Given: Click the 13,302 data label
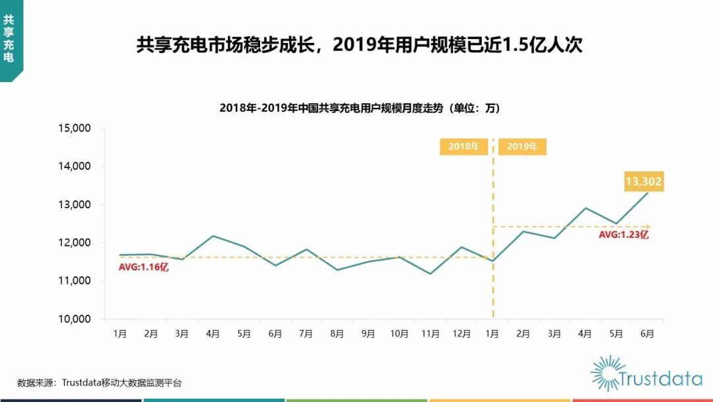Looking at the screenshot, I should [644, 181].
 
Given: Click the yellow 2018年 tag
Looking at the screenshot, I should [463, 147].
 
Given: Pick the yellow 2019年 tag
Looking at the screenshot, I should [522, 147].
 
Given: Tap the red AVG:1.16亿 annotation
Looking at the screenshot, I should [144, 268].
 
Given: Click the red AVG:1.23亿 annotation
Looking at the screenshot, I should [624, 235].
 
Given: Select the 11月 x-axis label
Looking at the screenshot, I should [430, 334].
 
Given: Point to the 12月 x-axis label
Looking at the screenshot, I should [461, 334].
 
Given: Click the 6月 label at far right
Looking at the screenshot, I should [647, 334].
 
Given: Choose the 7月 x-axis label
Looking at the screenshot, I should [306, 334].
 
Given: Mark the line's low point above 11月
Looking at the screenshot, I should [430, 274].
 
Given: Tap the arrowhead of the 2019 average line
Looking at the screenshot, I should [648, 227].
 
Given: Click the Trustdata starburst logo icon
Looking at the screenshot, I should [608, 373].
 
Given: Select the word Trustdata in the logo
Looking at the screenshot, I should [660, 379].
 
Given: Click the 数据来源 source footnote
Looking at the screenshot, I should [99, 382].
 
